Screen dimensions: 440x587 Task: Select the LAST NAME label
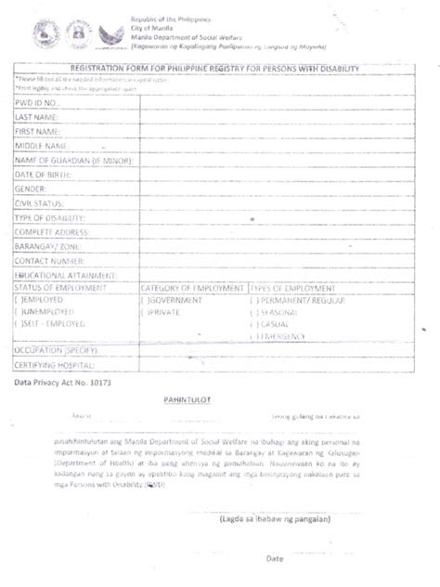[38, 118]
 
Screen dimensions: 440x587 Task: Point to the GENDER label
[32, 188]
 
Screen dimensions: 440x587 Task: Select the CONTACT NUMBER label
[51, 261]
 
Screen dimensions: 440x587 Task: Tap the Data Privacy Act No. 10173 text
[60, 383]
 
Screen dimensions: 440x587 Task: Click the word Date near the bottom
[275, 559]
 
